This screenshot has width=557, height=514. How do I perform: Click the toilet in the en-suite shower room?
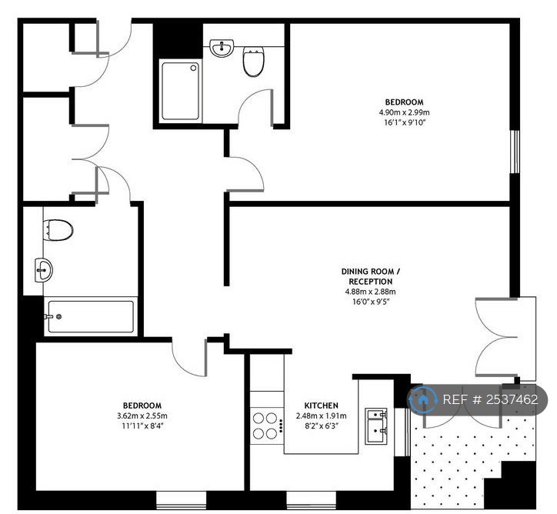[x=253, y=62]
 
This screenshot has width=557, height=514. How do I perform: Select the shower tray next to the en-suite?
[x=181, y=91]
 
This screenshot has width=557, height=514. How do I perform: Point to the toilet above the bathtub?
[x=58, y=229]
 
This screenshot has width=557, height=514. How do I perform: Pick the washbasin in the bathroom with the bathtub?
[x=45, y=269]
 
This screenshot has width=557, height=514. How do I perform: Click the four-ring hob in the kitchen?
[x=266, y=426]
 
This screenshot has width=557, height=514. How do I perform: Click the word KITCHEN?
[x=321, y=406]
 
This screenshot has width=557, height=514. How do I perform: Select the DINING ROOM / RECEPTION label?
[x=371, y=276]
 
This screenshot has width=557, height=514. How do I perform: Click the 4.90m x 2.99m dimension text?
[x=405, y=112]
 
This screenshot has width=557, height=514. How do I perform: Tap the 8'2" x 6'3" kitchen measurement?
[x=321, y=426]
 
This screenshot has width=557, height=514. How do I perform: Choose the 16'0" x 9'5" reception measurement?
[x=371, y=302]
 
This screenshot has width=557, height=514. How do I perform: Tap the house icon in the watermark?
[x=422, y=399]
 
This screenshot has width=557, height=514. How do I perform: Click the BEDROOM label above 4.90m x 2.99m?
[x=405, y=102]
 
